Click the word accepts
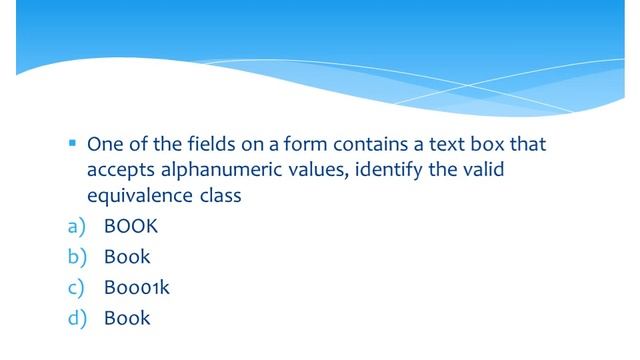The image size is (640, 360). (118, 169)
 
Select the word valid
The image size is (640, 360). (481, 169)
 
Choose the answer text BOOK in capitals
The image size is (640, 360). (130, 226)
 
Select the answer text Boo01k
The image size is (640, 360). (137, 288)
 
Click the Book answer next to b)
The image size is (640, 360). (127, 257)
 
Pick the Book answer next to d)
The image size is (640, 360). (127, 319)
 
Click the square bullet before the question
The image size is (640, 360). (73, 143)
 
